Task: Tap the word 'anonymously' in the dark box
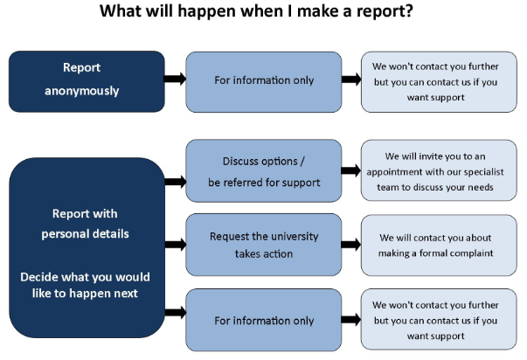81,90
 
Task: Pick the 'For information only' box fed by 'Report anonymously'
264,80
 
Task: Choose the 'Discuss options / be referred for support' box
264,170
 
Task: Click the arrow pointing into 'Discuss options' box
175,182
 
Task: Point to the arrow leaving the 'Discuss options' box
351,170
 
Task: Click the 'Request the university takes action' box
264,245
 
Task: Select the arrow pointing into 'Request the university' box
175,246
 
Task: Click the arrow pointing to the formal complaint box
351,245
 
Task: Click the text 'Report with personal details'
85,224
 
